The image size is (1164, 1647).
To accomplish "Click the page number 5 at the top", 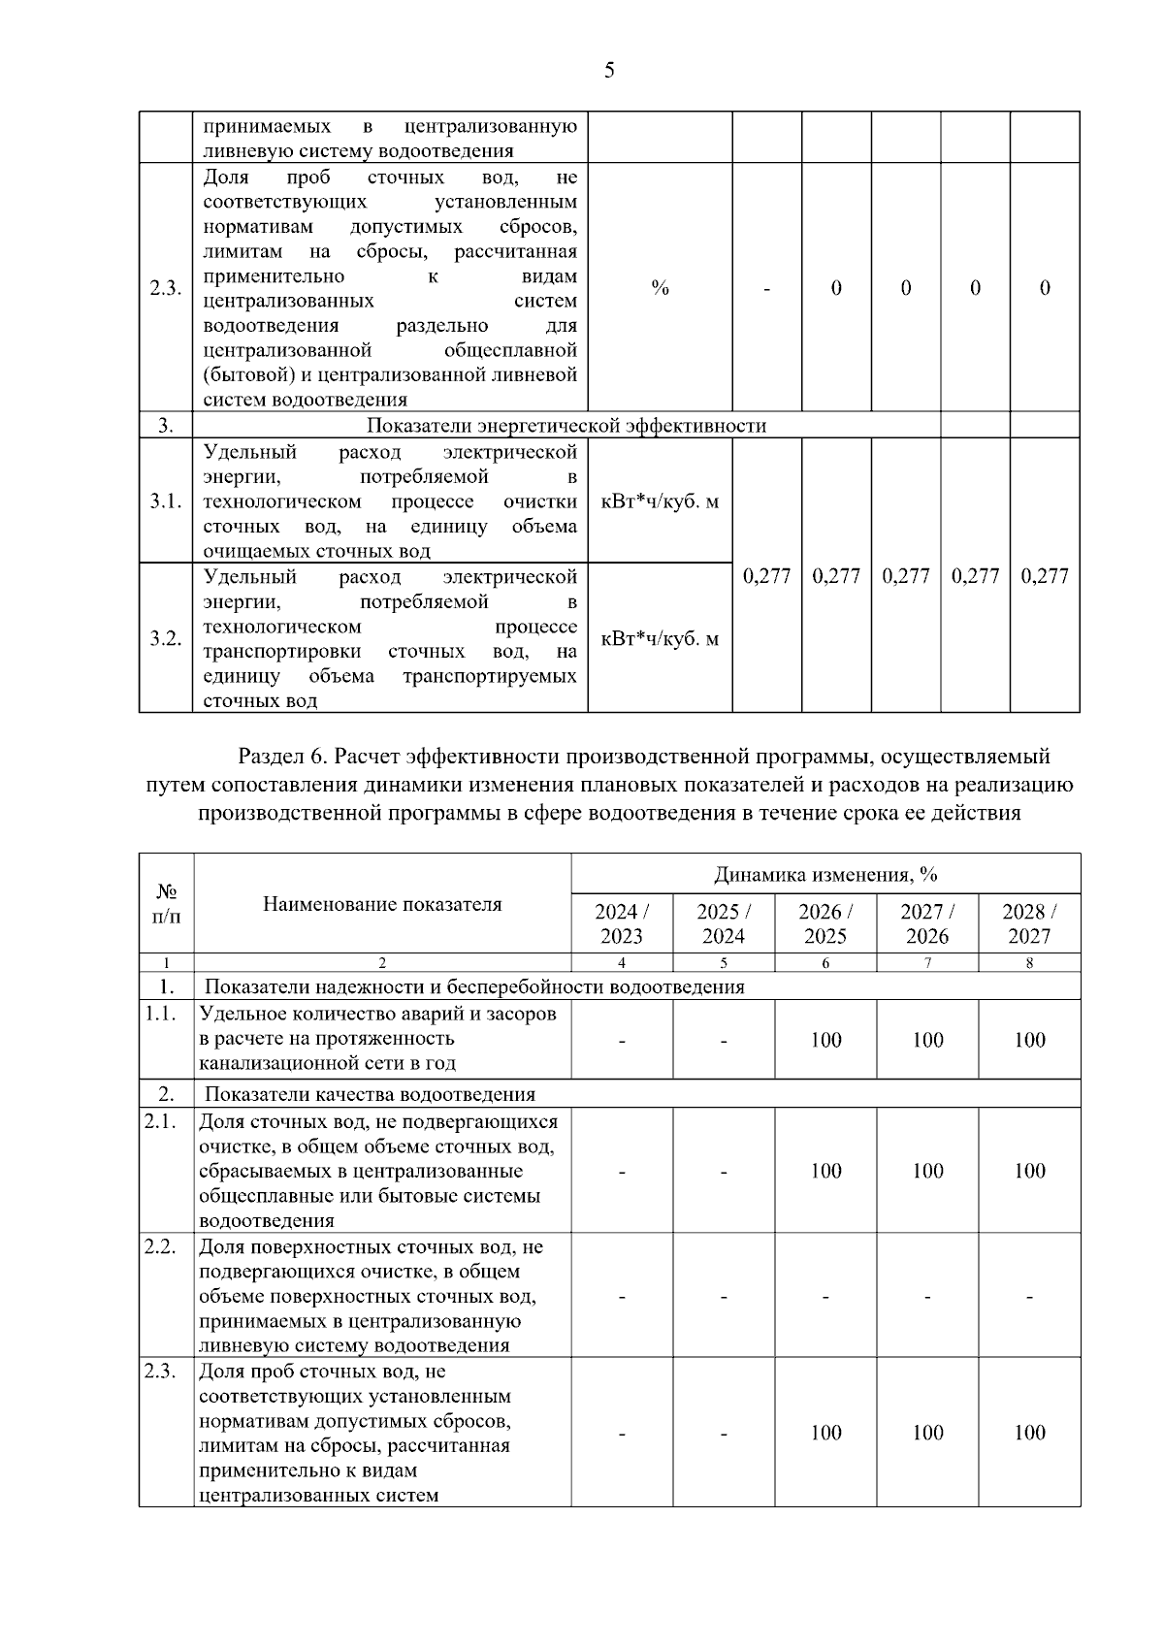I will (609, 70).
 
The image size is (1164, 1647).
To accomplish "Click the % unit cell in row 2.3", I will (660, 288).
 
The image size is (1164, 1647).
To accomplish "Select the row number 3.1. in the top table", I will (166, 501).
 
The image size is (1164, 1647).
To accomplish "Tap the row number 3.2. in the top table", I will (166, 638).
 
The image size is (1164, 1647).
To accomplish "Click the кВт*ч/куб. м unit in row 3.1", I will (660, 501).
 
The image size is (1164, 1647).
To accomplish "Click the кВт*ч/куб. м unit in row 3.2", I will (660, 638).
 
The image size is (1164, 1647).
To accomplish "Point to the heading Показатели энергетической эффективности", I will (566, 426).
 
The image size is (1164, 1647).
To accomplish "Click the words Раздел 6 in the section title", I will (280, 756).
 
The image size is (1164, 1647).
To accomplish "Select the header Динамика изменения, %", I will (825, 874).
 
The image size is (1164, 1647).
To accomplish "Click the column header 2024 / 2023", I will (622, 923).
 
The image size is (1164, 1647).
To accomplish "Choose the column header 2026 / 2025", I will (825, 923).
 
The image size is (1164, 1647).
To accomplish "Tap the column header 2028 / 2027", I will (1029, 923).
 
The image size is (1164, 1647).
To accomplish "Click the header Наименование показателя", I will (382, 904).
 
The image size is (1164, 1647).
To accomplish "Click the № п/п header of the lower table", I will (166, 903).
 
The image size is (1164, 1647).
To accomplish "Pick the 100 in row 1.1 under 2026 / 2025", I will (825, 1040).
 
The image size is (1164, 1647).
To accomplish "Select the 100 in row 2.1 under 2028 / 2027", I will (1029, 1171).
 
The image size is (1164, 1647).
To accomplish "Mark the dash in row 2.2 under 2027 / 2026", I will (927, 1296).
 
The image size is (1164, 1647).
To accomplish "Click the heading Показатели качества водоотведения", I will (370, 1094).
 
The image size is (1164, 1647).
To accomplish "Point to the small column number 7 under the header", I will (927, 963).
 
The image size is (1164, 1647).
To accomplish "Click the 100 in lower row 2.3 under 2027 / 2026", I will (927, 1433).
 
